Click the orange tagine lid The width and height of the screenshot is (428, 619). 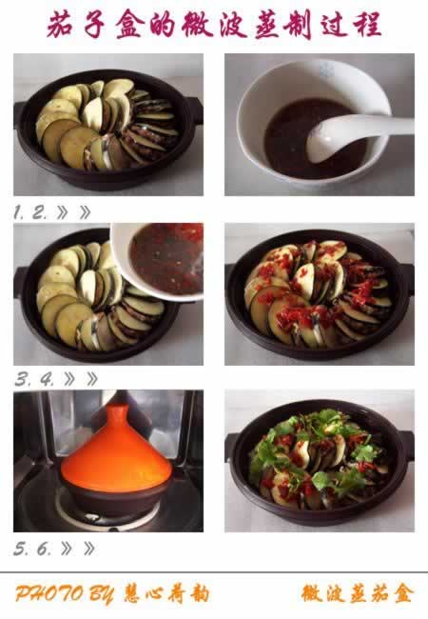(x=117, y=454)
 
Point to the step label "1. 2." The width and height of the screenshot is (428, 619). (x=29, y=212)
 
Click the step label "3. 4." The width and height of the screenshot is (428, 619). (x=34, y=380)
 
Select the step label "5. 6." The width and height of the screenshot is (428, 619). (x=32, y=549)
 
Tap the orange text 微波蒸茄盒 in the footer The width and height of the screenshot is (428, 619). (x=358, y=593)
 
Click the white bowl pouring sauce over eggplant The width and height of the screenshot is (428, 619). (x=158, y=261)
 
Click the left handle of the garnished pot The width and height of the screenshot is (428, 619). (x=232, y=446)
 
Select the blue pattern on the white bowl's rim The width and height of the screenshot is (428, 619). (x=327, y=70)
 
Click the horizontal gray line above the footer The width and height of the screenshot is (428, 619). (x=214, y=572)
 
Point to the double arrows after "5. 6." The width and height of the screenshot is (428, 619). (x=78, y=549)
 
